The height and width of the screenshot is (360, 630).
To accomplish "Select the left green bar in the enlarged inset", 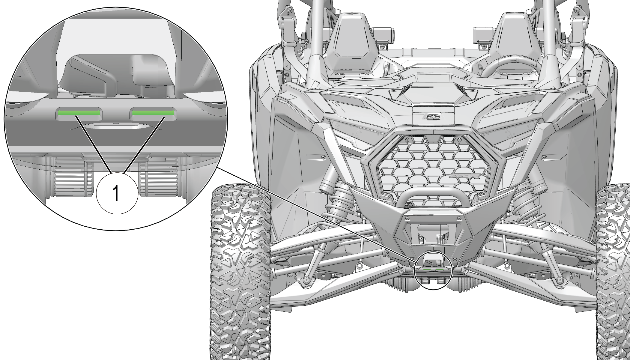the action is (79, 113).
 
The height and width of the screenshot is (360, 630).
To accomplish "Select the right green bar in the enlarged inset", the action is (153, 113).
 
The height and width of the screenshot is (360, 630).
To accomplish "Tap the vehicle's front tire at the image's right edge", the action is (613, 271).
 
